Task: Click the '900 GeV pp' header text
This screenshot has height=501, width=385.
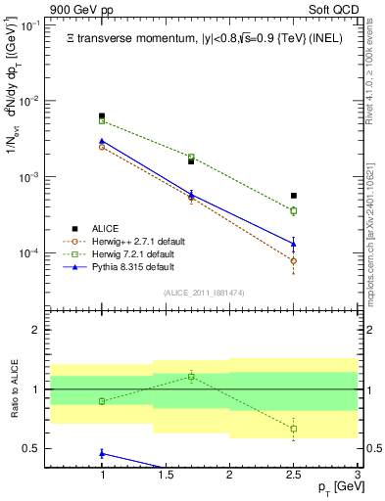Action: [82, 9]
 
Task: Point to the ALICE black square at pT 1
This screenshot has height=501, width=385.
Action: [102, 116]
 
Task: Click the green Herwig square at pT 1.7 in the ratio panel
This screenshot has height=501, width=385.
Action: [191, 376]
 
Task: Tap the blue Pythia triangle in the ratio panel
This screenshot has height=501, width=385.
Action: [102, 453]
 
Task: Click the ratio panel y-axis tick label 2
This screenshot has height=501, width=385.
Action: [35, 331]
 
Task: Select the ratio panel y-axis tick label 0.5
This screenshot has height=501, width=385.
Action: [31, 448]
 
